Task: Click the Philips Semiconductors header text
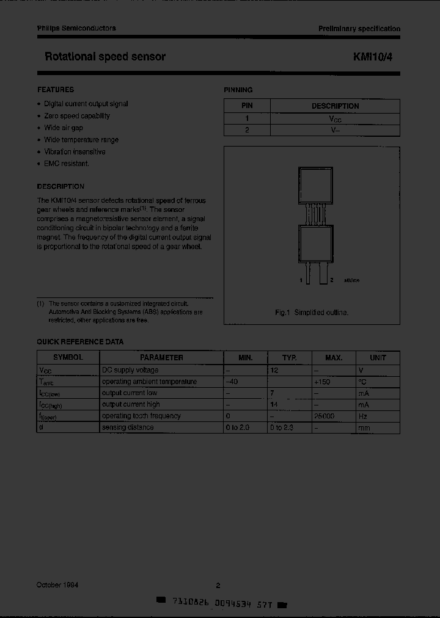[76, 28]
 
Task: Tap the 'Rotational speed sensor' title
[105, 57]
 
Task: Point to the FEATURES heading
[56, 90]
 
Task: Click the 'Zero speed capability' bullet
[77, 115]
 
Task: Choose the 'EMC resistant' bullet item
[67, 164]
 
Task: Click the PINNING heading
[238, 90]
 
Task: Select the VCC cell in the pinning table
[335, 118]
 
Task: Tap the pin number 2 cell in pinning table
[247, 130]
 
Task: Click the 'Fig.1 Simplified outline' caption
[312, 312]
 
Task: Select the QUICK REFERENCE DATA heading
[80, 342]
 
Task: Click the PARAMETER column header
[161, 358]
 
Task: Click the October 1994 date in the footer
[57, 585]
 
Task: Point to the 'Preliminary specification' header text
[359, 29]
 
